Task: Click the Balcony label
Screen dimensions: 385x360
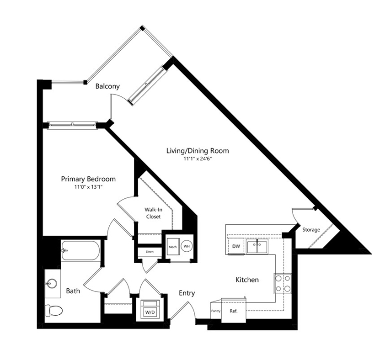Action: pyautogui.click(x=107, y=86)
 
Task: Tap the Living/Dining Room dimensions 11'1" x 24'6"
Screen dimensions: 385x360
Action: pyautogui.click(x=198, y=159)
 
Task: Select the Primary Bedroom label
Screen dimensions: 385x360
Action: pyautogui.click(x=88, y=179)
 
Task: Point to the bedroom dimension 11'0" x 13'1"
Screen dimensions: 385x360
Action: pyautogui.click(x=88, y=187)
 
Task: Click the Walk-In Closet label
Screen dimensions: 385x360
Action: pyautogui.click(x=154, y=213)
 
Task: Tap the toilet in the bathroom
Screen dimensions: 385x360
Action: pyautogui.click(x=54, y=311)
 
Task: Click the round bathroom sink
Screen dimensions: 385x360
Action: pyautogui.click(x=52, y=284)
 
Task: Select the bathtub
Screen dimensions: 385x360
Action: pyautogui.click(x=80, y=250)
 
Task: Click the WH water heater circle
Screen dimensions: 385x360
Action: pyautogui.click(x=187, y=246)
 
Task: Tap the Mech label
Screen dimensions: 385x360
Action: pyautogui.click(x=172, y=247)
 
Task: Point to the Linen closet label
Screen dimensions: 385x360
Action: pyautogui.click(x=150, y=252)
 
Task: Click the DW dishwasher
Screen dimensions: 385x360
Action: pyautogui.click(x=236, y=246)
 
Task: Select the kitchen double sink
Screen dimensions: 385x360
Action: pyautogui.click(x=257, y=246)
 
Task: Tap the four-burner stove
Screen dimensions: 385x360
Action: pyautogui.click(x=283, y=283)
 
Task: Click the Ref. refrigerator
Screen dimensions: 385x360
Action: pyautogui.click(x=234, y=311)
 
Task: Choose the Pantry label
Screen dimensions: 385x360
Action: pyautogui.click(x=216, y=311)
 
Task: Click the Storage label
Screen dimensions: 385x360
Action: pyautogui.click(x=311, y=230)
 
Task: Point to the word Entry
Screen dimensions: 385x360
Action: pyautogui.click(x=187, y=293)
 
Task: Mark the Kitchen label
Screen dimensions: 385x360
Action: pyautogui.click(x=247, y=280)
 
